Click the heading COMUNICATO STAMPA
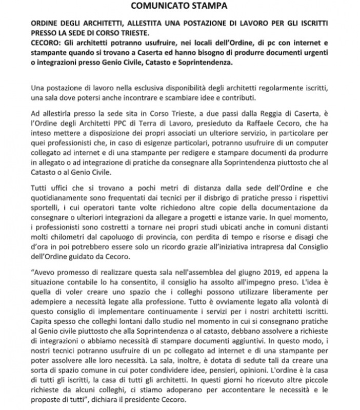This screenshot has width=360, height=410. [179, 6]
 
